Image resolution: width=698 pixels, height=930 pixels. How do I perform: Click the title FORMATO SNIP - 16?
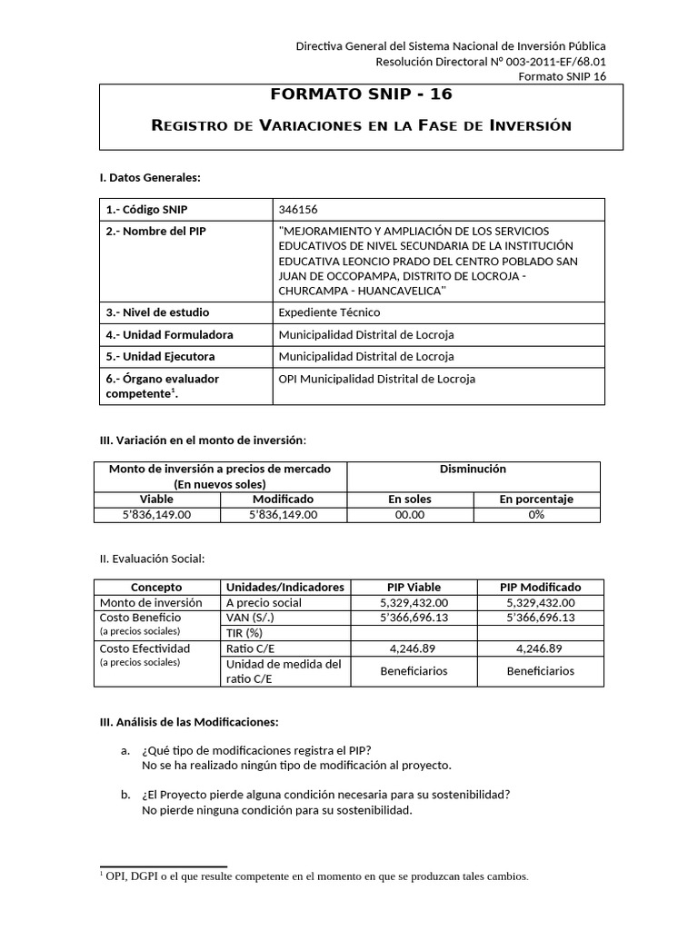(x=361, y=95)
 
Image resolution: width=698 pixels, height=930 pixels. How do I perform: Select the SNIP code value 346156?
(x=298, y=209)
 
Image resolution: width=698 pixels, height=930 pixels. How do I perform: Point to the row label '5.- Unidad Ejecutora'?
(x=161, y=356)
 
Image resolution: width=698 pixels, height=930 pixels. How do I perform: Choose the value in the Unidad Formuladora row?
(x=366, y=334)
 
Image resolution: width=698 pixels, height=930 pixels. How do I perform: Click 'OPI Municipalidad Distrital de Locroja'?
(x=376, y=379)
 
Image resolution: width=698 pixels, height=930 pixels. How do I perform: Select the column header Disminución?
(x=473, y=470)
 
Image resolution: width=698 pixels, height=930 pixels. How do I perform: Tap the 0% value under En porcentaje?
(x=535, y=514)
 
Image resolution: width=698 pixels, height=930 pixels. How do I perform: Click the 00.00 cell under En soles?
(x=410, y=514)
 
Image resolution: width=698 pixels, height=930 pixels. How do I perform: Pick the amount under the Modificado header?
(x=284, y=514)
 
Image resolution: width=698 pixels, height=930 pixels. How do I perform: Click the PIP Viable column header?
(x=413, y=587)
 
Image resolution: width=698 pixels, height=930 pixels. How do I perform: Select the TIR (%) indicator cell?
(x=244, y=632)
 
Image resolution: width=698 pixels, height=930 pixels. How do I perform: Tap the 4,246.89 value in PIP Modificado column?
(x=539, y=648)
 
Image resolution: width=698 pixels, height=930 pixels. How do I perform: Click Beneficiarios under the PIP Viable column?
(x=413, y=671)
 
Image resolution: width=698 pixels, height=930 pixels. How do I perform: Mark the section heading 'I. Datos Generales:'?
(x=150, y=177)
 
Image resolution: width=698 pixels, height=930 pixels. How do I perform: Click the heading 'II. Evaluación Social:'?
(x=152, y=558)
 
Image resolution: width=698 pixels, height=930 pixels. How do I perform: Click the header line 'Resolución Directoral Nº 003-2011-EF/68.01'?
(x=491, y=61)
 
